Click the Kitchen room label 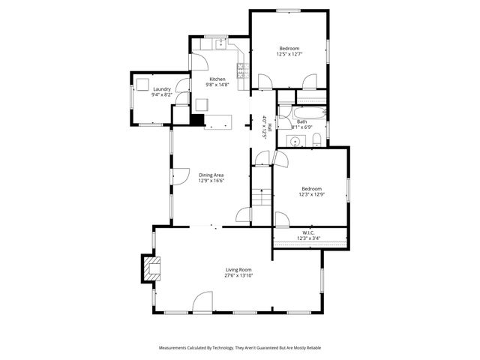(217, 79)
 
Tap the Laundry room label (161, 89)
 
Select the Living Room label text (238, 269)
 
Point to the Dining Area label (211, 175)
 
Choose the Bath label (301, 121)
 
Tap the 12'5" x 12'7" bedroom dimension (289, 54)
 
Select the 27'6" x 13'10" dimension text (238, 275)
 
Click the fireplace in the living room (149, 268)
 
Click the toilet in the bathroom (317, 139)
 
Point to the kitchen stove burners (242, 71)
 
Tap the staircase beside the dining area (259, 197)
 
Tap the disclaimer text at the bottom (240, 348)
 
